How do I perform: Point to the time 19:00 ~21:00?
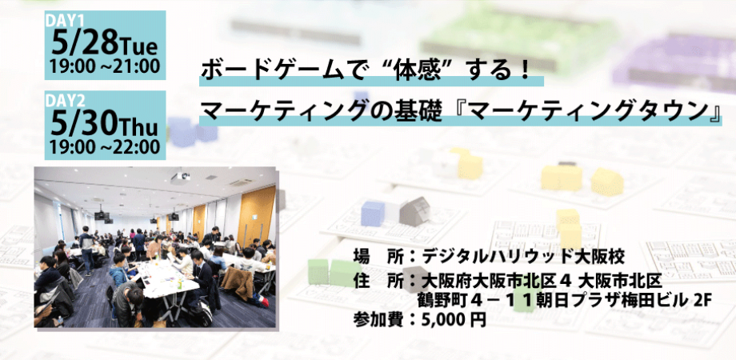(x=105, y=67)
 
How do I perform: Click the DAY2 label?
(x=63, y=102)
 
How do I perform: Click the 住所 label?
(x=381, y=281)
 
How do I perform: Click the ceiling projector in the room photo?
(x=181, y=177)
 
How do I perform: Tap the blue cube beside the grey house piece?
(x=373, y=214)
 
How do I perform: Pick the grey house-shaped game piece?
(x=415, y=211)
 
